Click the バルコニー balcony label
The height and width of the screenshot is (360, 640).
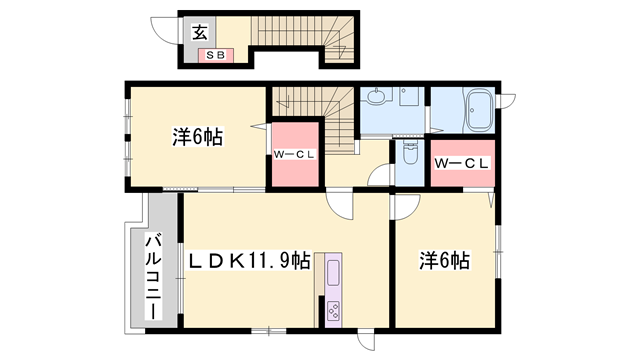(155, 275)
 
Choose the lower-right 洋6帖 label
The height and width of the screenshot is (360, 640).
(444, 261)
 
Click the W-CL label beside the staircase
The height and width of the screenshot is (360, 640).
(295, 155)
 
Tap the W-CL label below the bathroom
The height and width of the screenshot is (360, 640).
(461, 163)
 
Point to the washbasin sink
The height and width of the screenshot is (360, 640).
(376, 98)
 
